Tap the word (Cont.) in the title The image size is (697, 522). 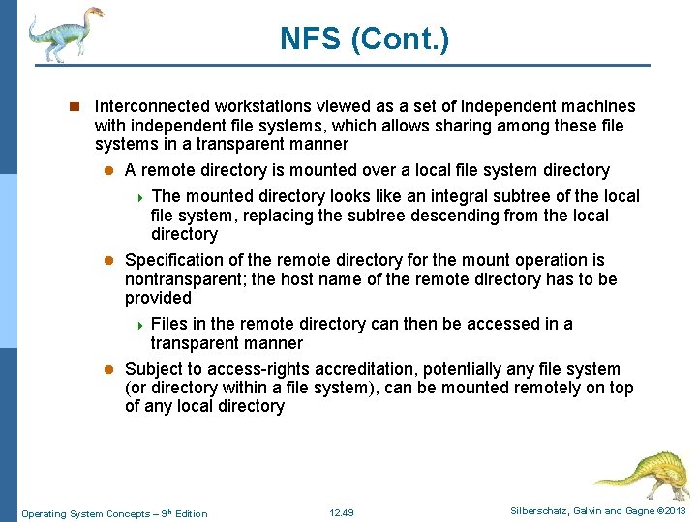tap(399, 40)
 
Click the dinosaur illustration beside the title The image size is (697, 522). tap(64, 33)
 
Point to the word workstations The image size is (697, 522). tap(269, 106)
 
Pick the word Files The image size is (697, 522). tap(170, 324)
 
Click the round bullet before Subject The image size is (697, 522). tap(110, 369)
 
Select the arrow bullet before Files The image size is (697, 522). tap(140, 325)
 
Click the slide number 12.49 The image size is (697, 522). tap(342, 512)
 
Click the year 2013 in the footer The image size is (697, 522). tap(674, 511)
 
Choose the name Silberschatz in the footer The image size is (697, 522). tap(537, 511)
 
